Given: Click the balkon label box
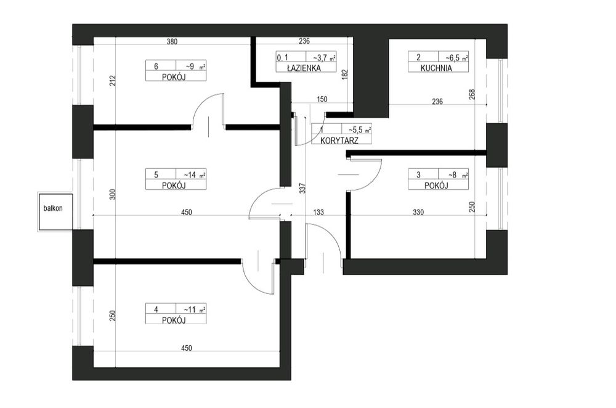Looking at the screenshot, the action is click(55, 212).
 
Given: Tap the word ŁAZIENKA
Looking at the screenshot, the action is click(304, 68).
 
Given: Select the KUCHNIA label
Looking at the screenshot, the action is click(436, 68).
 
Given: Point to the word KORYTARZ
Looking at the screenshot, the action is click(339, 141).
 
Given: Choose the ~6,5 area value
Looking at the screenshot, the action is click(453, 58).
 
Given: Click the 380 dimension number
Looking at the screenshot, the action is click(172, 41).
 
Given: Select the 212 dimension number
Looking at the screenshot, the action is click(113, 81).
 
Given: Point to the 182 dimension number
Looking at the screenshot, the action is click(345, 75).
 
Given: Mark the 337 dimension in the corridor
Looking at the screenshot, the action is click(302, 188).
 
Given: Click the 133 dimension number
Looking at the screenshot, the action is click(318, 212).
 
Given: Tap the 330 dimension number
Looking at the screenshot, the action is click(418, 212).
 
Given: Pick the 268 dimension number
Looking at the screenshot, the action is click(472, 94).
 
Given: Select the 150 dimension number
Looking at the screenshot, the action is click(322, 99).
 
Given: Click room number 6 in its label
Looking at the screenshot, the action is click(156, 67).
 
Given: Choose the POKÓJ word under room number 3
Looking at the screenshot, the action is click(436, 186).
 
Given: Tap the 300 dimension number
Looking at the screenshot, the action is click(113, 195).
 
